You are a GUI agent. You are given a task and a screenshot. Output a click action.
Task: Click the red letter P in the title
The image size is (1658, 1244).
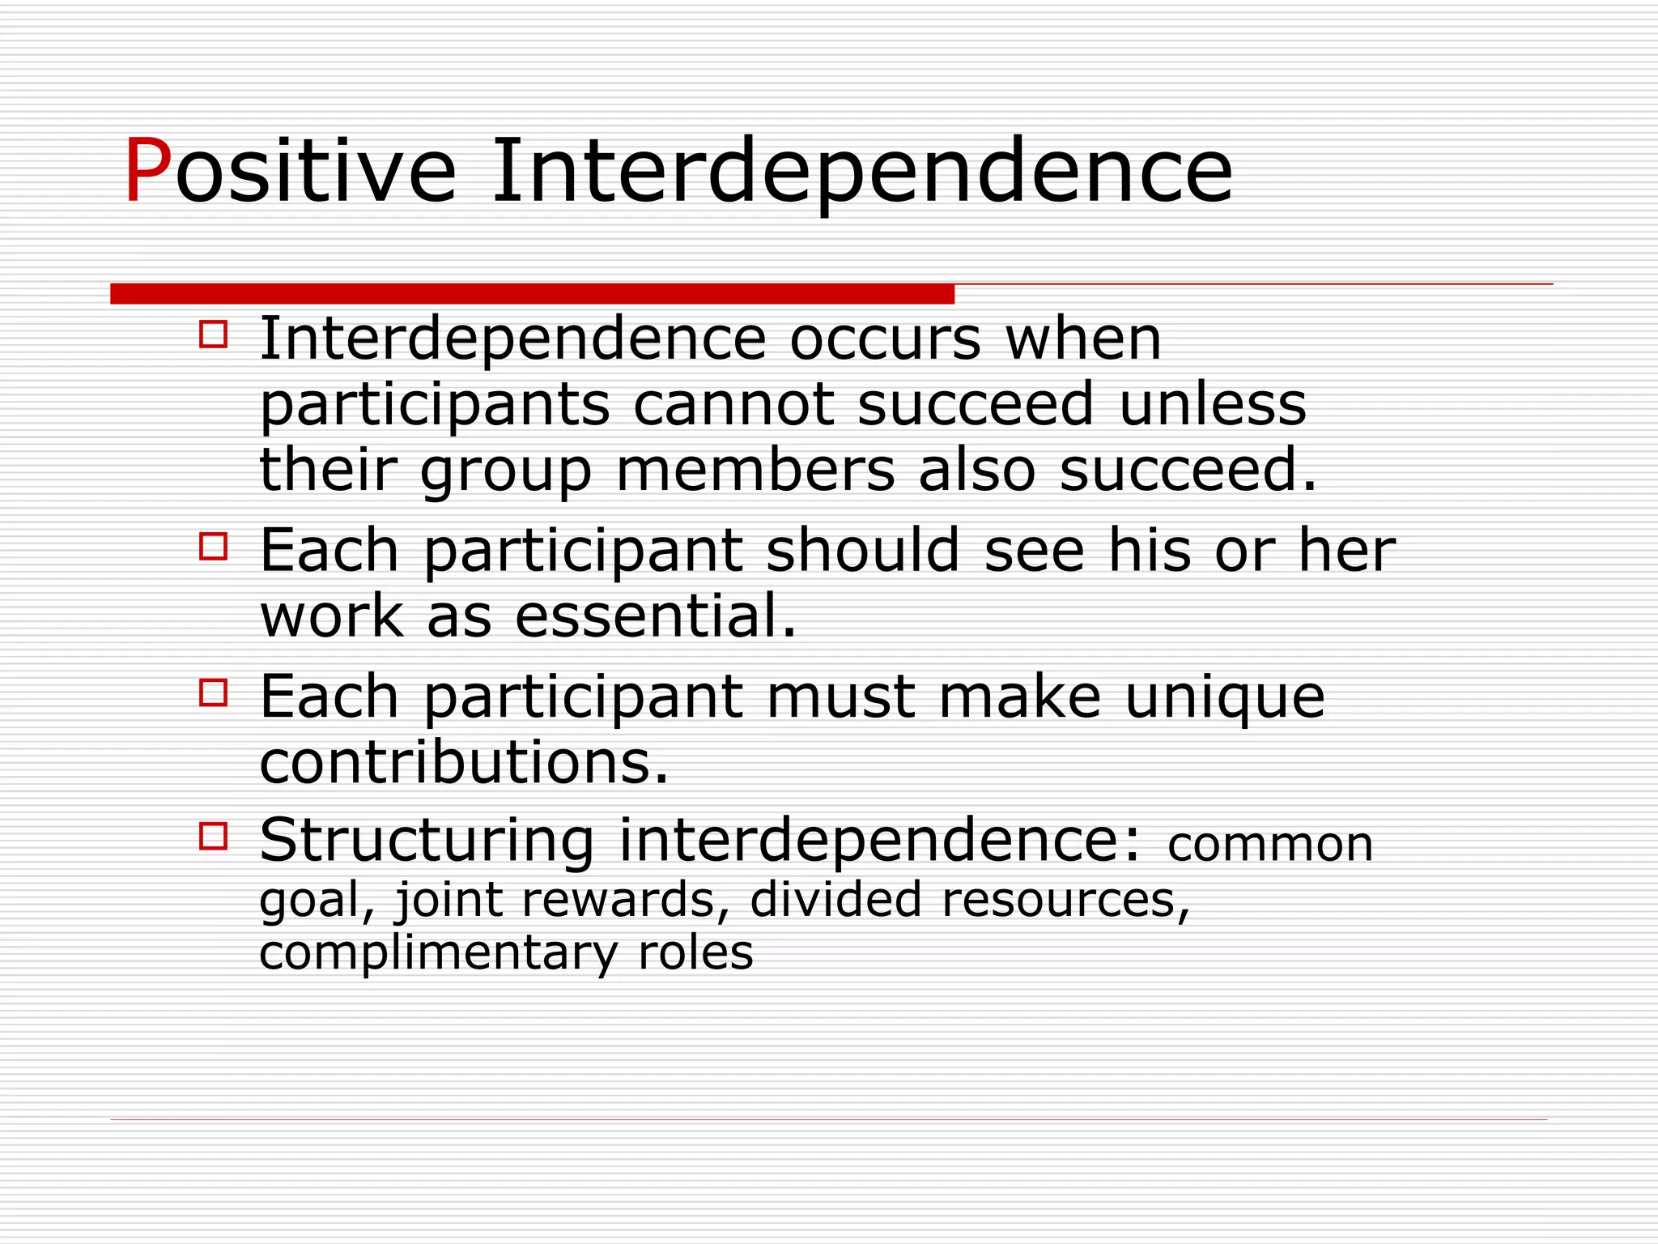147,172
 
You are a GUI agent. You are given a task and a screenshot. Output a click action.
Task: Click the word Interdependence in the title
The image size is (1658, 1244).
861,172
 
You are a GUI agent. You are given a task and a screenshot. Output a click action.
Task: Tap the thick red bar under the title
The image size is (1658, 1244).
532,293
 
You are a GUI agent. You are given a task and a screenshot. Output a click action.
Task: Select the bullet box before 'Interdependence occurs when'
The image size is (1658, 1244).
213,334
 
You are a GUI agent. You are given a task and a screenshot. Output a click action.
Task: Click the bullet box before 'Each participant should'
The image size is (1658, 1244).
213,546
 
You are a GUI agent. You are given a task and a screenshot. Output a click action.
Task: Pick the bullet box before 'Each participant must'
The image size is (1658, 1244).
213,692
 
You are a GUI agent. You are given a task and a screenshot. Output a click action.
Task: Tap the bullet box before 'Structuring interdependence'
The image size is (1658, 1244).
213,835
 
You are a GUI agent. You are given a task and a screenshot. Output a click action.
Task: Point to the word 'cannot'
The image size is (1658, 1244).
733,404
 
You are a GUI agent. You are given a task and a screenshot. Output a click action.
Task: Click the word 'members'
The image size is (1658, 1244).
755,471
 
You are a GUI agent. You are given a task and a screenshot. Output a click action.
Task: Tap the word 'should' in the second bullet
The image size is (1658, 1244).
862,550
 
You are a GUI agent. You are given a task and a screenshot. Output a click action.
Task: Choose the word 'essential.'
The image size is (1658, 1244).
656,616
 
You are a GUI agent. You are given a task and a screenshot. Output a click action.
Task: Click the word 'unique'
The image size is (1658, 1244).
1224,697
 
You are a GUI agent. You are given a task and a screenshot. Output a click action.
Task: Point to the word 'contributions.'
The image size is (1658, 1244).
464,762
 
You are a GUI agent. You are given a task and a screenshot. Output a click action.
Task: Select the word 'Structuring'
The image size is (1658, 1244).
427,841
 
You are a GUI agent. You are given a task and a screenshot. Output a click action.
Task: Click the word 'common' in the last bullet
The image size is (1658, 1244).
1270,845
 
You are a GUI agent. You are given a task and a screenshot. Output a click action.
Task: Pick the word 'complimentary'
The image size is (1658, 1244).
438,952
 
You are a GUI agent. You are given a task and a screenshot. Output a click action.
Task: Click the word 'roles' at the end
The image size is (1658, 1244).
695,952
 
